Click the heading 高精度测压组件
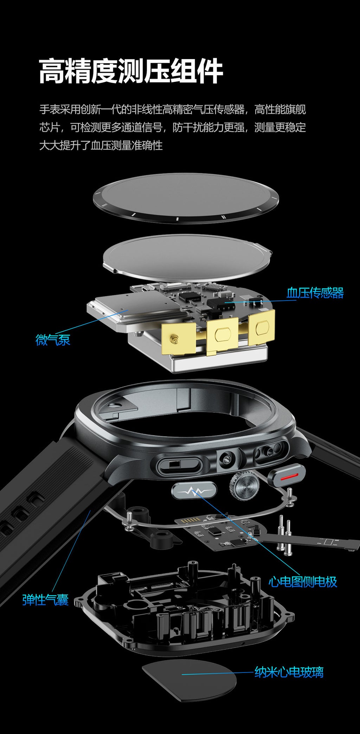click(131, 71)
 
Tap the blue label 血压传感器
click(315, 292)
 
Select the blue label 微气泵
click(53, 340)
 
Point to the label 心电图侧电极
click(303, 582)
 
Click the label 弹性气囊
click(45, 600)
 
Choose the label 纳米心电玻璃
click(289, 672)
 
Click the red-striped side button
click(286, 475)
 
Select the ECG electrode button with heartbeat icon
click(194, 491)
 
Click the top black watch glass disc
click(186, 198)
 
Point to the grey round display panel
click(187, 258)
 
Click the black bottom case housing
click(184, 611)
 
